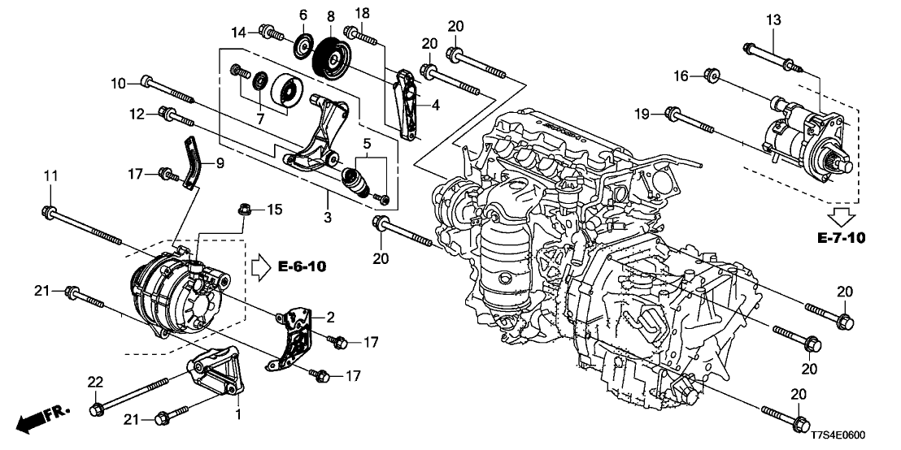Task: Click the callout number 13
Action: point(772,19)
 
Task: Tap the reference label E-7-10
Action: point(842,239)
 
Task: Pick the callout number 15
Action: point(275,211)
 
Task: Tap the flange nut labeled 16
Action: point(709,76)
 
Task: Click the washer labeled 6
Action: point(303,45)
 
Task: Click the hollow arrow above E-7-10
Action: point(842,216)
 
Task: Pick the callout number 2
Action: point(331,316)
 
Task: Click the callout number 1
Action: point(238,413)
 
